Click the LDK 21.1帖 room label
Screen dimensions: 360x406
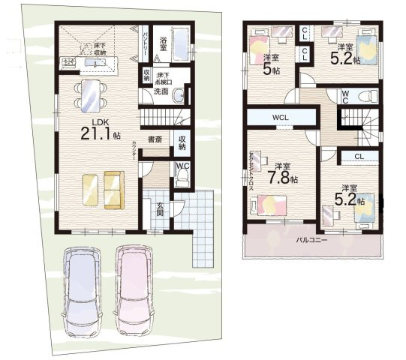point(101,129)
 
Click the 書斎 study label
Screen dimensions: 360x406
point(155,139)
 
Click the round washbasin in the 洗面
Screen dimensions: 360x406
point(176,97)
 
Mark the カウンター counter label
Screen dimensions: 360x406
point(133,149)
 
